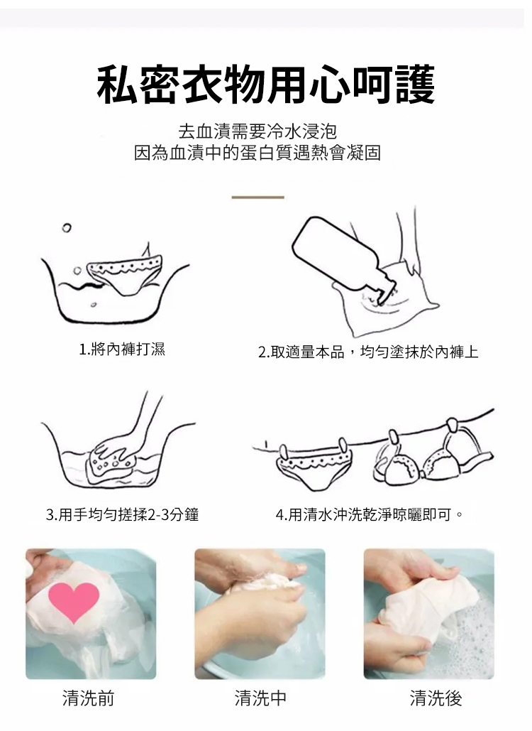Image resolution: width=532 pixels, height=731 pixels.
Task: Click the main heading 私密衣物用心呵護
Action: [266, 85]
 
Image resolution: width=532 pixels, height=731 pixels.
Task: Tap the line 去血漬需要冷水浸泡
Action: [257, 131]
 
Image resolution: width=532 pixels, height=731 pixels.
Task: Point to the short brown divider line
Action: [258, 197]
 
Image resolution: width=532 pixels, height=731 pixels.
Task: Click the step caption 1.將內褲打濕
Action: [122, 349]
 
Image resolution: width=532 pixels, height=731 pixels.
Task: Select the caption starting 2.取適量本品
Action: [368, 352]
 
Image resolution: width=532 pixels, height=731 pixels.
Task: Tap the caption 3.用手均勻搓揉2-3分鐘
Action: [123, 514]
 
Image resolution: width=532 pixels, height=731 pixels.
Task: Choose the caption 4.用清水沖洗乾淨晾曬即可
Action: [370, 515]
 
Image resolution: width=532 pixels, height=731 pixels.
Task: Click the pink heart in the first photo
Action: [74, 602]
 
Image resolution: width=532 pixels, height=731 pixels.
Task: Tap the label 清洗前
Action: [89, 698]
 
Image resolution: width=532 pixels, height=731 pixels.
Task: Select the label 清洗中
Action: [260, 698]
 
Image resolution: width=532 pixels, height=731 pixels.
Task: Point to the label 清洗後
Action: [436, 698]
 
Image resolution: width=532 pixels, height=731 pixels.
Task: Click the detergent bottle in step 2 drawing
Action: [343, 259]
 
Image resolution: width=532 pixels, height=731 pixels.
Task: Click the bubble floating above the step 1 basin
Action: [67, 227]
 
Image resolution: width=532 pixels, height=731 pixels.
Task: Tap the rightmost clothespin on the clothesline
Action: [451, 425]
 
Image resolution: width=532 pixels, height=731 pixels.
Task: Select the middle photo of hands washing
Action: [260, 614]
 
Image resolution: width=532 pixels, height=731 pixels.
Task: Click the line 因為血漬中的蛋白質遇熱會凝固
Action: [257, 153]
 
